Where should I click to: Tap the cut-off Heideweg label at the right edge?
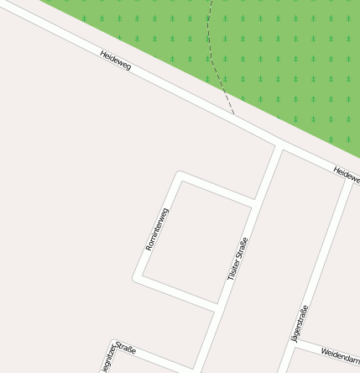tap(346, 174)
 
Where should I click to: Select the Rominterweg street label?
tap(157, 229)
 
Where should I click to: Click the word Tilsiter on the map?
tap(233, 269)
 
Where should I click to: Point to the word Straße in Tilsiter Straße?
tap(243, 246)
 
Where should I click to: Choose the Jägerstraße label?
tap(300, 323)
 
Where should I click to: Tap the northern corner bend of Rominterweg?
tap(179, 175)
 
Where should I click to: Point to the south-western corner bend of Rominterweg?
tap(137, 277)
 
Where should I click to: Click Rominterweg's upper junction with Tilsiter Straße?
tap(254, 202)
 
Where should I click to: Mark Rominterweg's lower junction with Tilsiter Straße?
tap(217, 307)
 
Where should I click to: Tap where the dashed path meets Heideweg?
tap(234, 116)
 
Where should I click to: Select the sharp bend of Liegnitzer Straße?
tap(113, 342)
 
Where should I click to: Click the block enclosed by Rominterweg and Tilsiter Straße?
tap(197, 239)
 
